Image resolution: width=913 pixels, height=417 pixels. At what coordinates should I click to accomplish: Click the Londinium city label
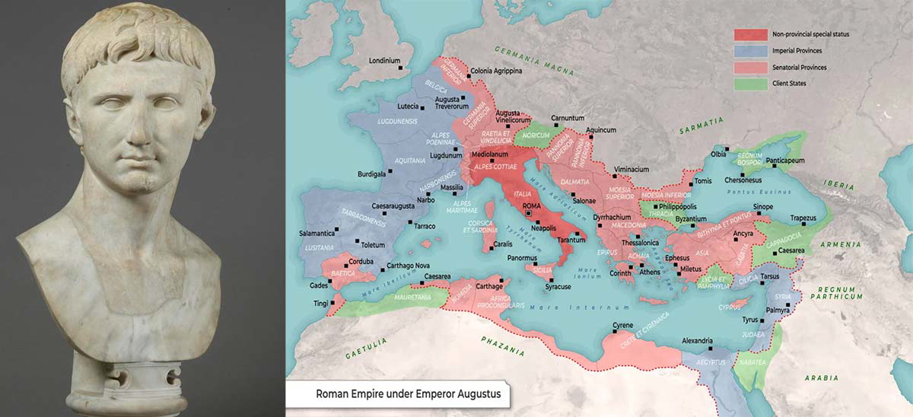pos(384,60)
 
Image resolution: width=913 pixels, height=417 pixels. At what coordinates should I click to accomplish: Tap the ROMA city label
pos(531,206)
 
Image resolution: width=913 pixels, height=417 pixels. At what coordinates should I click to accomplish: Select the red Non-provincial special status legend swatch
pos(749,34)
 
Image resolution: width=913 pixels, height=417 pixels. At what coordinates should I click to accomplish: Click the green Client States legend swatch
pos(749,84)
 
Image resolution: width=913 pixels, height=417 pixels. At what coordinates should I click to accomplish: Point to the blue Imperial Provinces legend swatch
pos(749,51)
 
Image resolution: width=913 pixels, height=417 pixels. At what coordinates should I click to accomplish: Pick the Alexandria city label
pos(697,340)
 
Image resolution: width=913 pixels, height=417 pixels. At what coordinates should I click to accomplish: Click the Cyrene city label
pos(624,326)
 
